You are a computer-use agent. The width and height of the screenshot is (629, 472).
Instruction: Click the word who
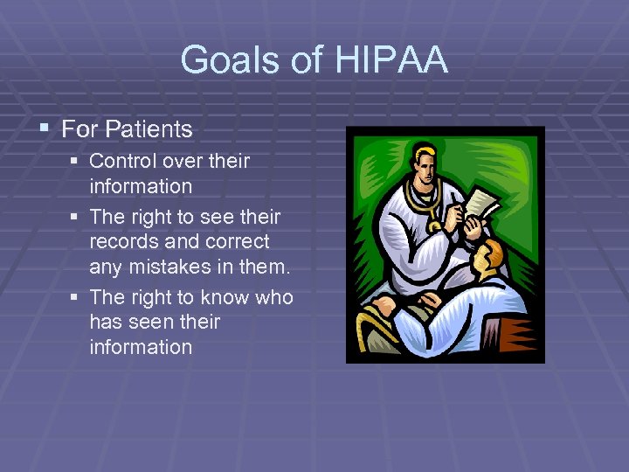click(273, 297)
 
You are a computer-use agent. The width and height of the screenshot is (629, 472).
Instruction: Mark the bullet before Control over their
click(77, 162)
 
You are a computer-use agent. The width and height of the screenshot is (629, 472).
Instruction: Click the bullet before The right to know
click(77, 298)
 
